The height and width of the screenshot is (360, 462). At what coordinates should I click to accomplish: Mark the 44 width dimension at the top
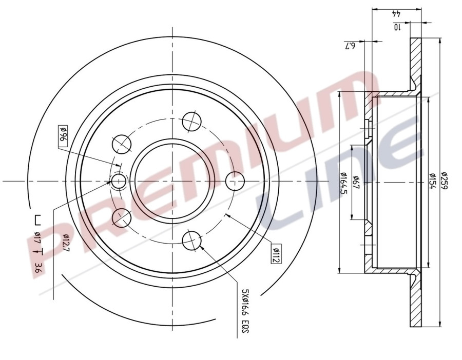[396, 14]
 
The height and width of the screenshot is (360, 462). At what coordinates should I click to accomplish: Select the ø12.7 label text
[66, 243]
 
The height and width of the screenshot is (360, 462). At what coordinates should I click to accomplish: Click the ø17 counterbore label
[37, 237]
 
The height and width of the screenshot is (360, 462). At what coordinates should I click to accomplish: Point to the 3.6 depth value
[37, 267]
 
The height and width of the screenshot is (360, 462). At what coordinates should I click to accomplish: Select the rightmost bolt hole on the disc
[235, 180]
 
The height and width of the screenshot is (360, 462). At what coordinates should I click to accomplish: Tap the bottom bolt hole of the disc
[192, 239]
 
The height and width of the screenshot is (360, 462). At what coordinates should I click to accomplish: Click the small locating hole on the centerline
[119, 181]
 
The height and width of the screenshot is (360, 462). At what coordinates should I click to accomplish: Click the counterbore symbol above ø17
[37, 221]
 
